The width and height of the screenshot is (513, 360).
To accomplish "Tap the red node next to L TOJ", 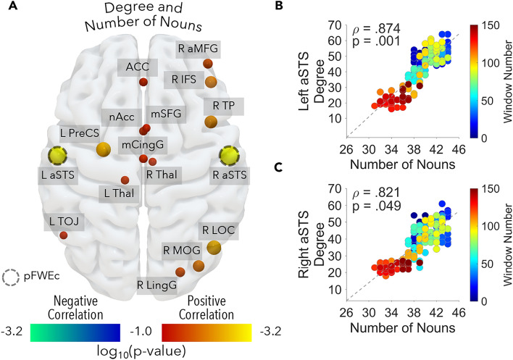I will (64, 235).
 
